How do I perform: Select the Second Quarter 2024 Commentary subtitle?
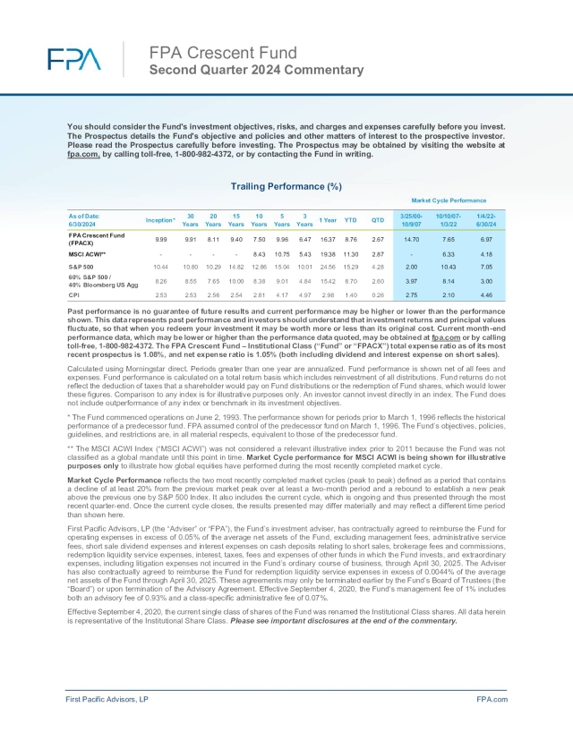click(256, 69)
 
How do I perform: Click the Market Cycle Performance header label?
click(456, 200)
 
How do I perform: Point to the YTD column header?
click(352, 219)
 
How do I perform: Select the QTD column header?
click(378, 219)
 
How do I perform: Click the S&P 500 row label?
click(83, 267)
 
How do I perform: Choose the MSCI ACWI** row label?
click(88, 254)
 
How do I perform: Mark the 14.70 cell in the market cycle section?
click(412, 239)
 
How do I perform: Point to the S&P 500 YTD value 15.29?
click(352, 267)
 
